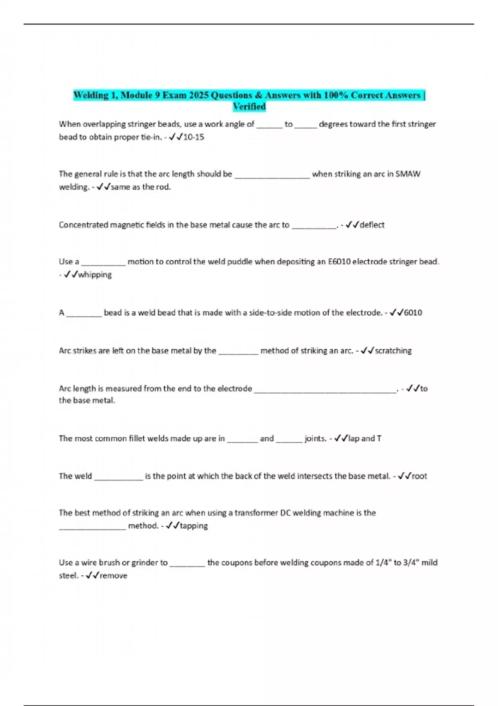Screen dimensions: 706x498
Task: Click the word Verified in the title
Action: coord(249,107)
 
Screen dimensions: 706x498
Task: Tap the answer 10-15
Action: coord(193,137)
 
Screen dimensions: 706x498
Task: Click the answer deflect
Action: coord(372,225)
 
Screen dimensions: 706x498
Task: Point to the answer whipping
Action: coord(95,275)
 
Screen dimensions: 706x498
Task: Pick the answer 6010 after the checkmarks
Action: coord(413,313)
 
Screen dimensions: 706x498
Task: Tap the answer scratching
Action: coord(393,351)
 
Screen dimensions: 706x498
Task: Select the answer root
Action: coord(419,476)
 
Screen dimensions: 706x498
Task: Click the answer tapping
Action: coord(194,526)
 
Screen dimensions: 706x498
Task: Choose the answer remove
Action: coord(113,576)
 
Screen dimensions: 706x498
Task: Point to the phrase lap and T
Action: coord(365,439)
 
